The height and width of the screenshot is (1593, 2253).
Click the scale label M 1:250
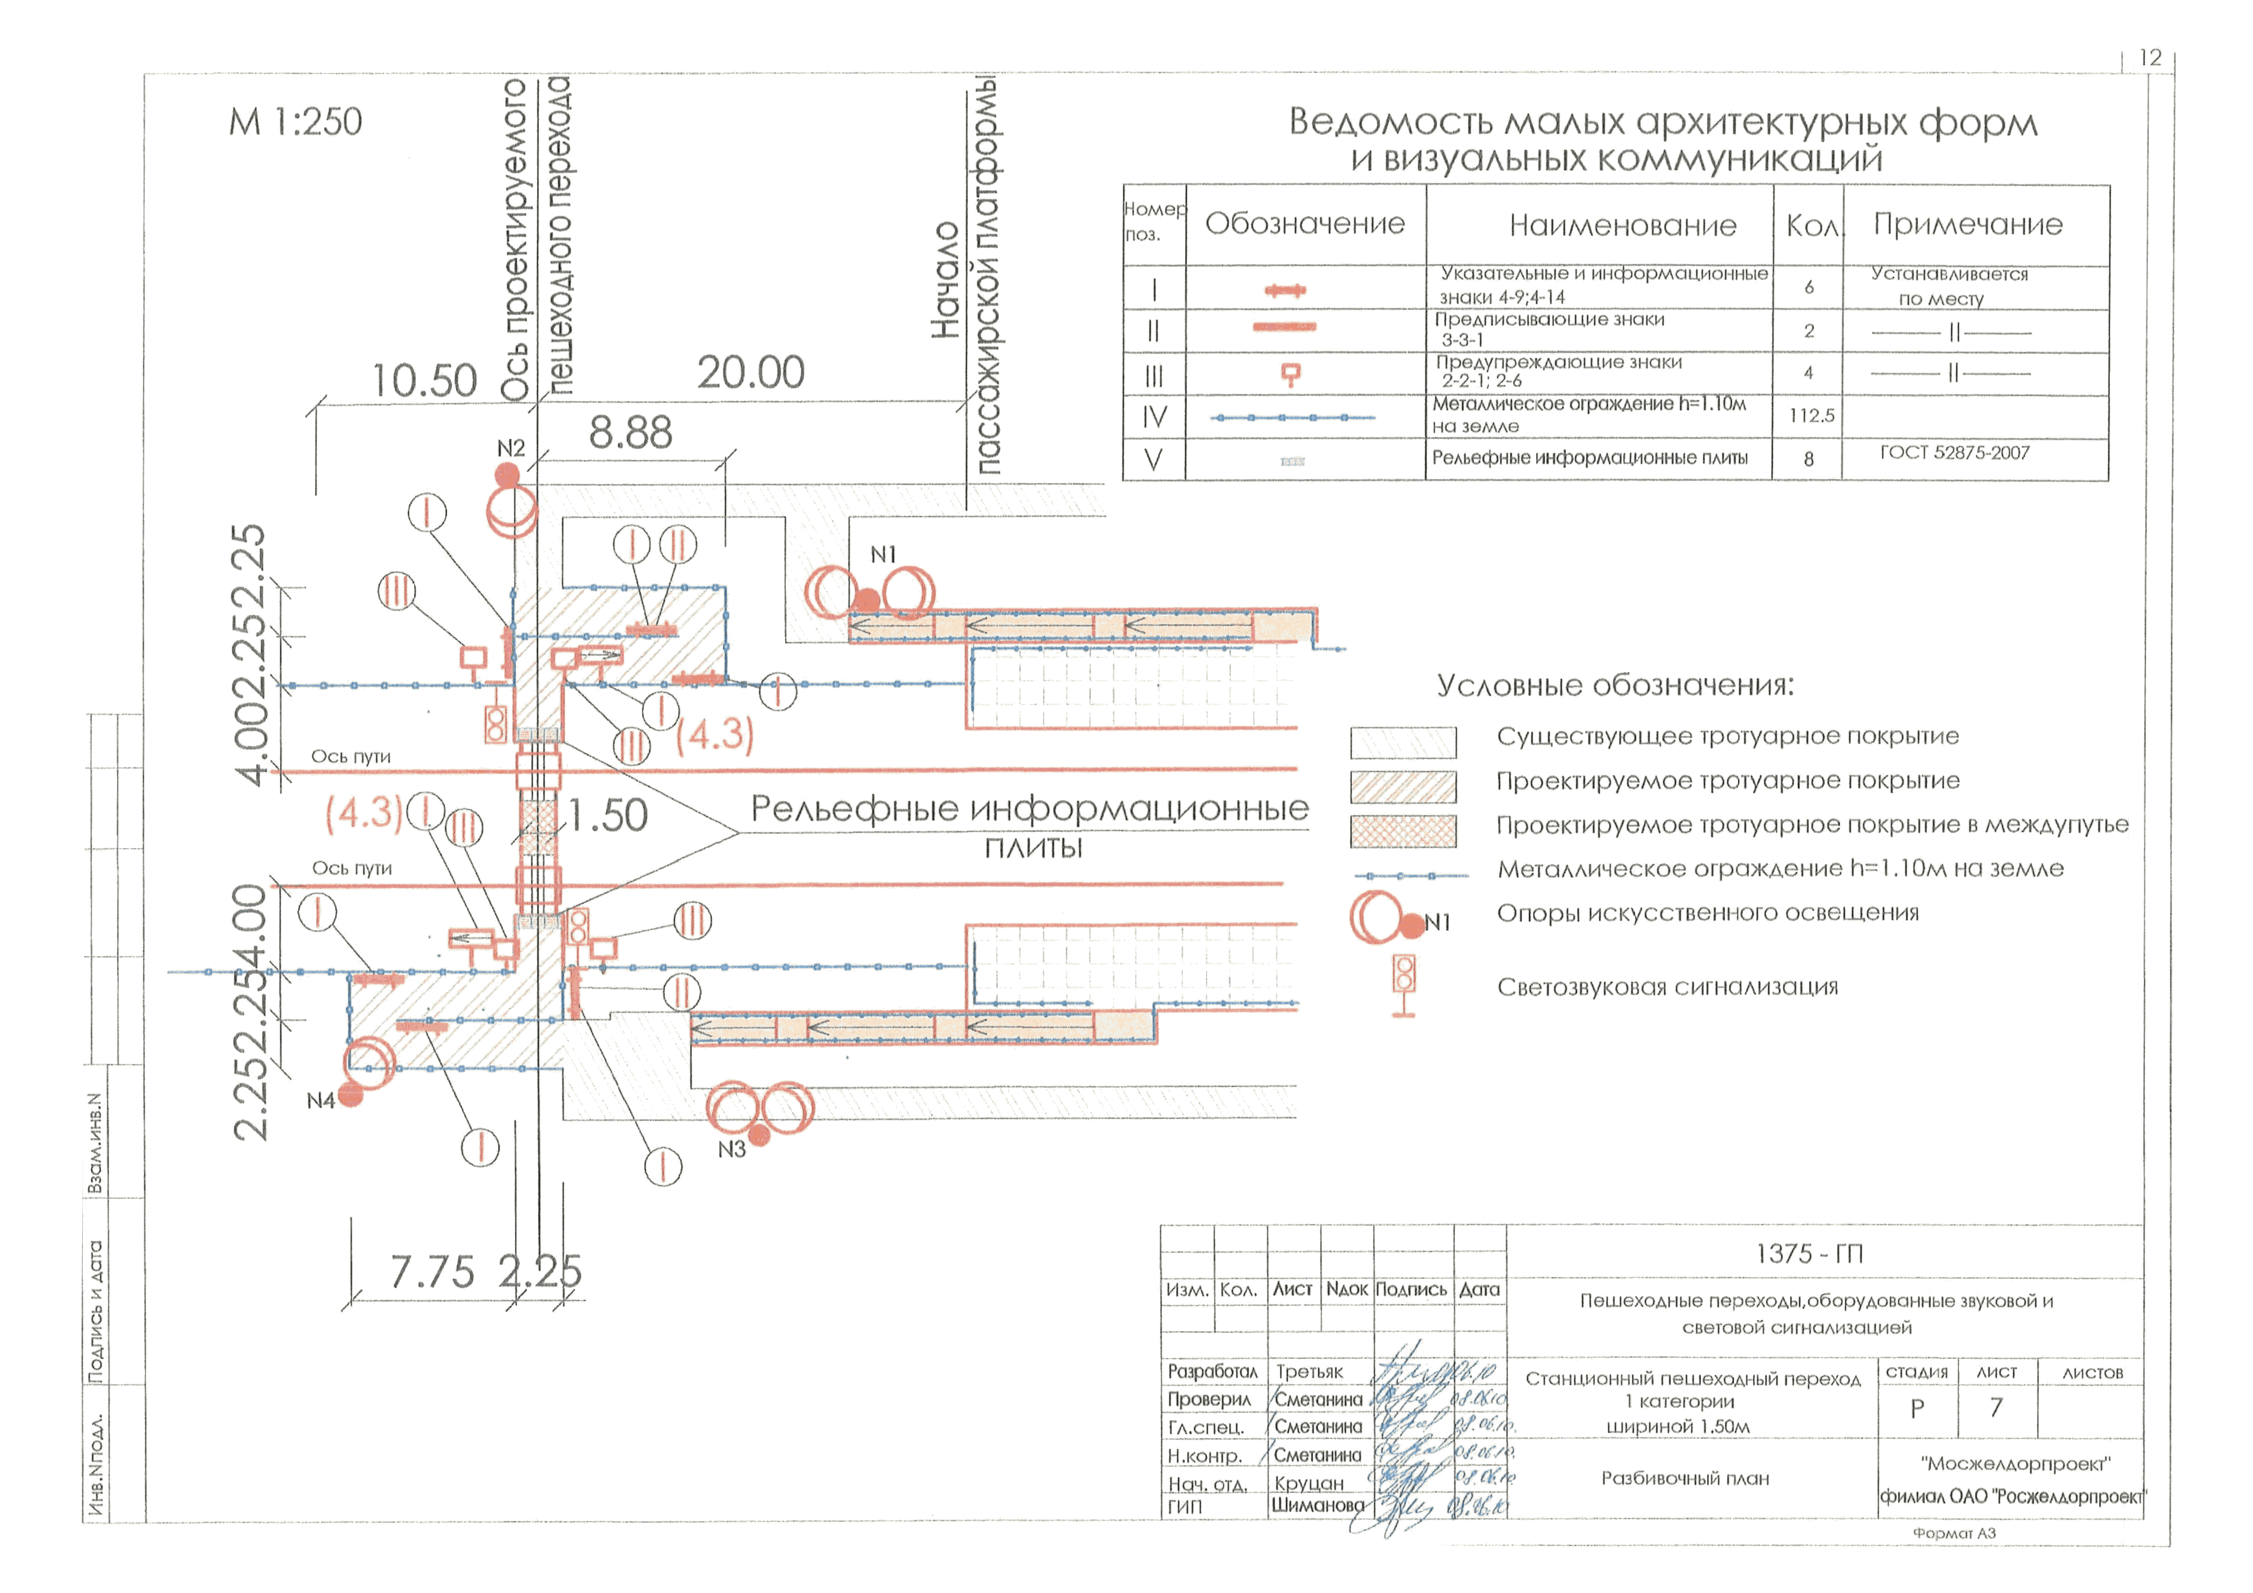pos(295,122)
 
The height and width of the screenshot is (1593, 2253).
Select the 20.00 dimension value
pos(751,373)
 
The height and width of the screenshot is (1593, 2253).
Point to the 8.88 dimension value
pos(630,433)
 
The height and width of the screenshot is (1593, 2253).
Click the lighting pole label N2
pos(510,448)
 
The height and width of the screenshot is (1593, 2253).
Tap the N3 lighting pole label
pos(731,1149)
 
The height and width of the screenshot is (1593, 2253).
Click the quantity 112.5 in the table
pos(1811,416)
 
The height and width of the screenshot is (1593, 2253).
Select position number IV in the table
pos(1154,417)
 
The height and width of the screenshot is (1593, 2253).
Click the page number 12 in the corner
pos(2149,58)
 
